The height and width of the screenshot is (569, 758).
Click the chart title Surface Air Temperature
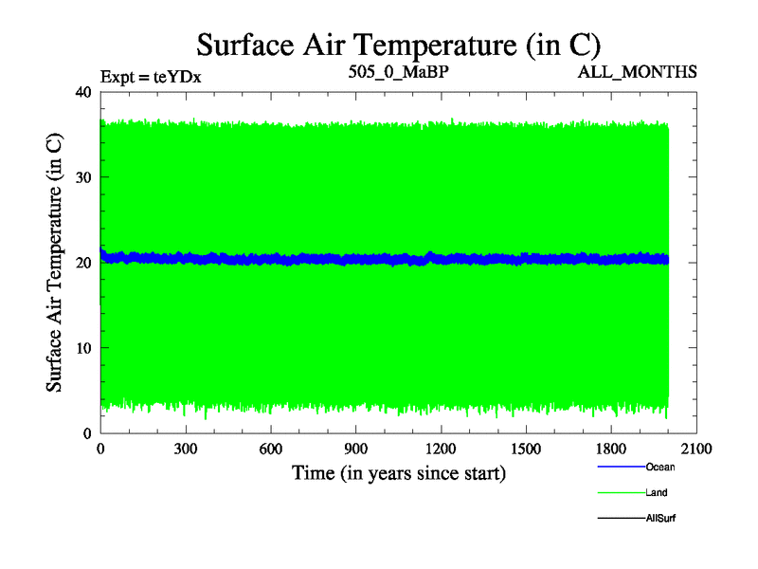398,44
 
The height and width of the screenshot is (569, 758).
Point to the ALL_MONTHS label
641,71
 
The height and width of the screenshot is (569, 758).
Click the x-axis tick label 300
186,450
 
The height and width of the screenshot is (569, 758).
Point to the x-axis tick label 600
271,450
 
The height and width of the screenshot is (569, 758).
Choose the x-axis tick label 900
356,450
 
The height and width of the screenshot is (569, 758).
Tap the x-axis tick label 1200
442,450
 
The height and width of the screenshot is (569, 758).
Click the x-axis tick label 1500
526,450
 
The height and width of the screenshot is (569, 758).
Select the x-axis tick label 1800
611,450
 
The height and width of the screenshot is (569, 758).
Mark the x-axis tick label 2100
696,450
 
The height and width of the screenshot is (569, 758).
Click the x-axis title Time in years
398,472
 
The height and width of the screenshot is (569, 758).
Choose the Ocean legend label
661,467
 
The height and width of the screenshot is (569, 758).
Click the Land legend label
658,492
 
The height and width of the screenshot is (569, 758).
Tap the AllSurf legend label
661,519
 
